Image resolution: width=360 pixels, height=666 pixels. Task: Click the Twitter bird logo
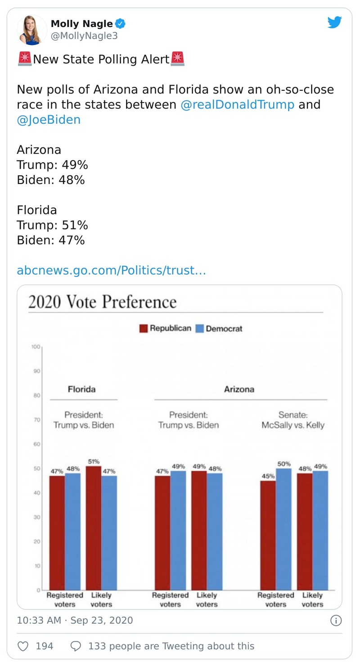334,22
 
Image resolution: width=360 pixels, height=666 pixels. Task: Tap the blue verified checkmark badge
121,24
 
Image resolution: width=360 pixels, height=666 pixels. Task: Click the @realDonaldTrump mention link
237,105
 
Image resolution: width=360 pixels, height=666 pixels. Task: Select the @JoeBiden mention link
49,120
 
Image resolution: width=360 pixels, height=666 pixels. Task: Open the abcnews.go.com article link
111,270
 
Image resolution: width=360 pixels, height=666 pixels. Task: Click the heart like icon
23,646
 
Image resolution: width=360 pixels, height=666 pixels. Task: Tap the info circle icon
336,621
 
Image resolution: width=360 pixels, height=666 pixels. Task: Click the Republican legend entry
165,328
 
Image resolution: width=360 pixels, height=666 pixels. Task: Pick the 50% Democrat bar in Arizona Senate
283,529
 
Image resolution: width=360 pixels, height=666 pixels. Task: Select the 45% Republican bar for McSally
268,535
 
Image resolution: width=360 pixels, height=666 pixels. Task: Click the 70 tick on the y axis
36,420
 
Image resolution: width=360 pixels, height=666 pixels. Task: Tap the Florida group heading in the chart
81,389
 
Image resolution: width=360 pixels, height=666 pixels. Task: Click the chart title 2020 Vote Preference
102,302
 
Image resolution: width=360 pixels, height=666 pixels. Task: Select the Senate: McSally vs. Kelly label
292,420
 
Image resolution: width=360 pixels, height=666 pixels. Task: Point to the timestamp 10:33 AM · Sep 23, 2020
75,621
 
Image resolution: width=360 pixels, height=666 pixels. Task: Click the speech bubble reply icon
76,646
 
